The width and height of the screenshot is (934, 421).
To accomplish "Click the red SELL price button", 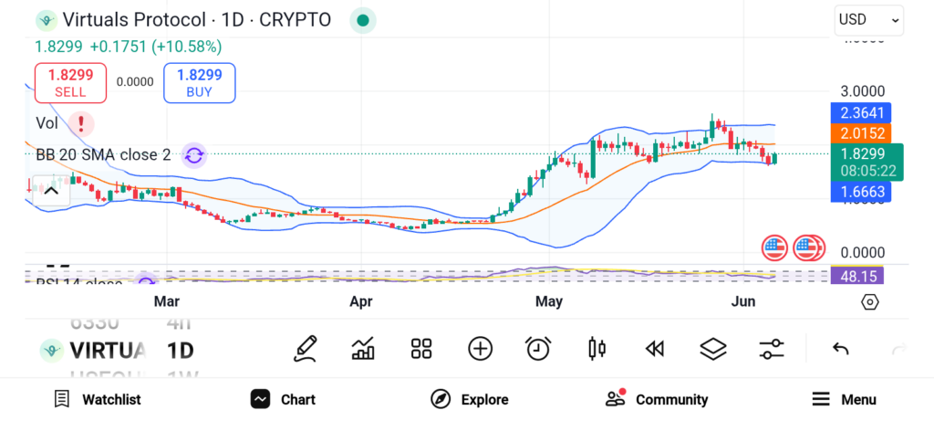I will point(70,82).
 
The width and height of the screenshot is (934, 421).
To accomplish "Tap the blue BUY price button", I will point(199,82).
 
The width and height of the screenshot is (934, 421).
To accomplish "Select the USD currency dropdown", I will point(868,19).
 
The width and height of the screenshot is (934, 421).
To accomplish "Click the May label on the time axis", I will point(549,301).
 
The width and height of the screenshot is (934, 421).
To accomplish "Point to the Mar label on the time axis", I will point(166,301).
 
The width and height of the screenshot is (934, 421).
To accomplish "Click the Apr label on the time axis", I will point(361,301).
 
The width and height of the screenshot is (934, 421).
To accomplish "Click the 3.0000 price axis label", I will point(862,91).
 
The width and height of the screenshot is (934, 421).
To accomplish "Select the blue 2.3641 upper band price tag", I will point(862,114).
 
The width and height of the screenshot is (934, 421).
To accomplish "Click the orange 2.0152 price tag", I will point(862,133).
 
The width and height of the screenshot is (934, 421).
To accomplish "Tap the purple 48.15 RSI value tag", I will point(856,275).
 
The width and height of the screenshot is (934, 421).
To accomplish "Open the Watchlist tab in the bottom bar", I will point(98,399).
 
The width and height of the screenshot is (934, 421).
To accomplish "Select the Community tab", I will point(657,399).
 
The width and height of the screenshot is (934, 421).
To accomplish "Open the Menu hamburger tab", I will point(844,399).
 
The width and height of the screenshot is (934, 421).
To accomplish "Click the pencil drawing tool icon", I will point(306,348).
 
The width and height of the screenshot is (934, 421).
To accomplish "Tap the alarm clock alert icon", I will point(538,348).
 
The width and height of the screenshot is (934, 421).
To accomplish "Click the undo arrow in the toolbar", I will point(841,348).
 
